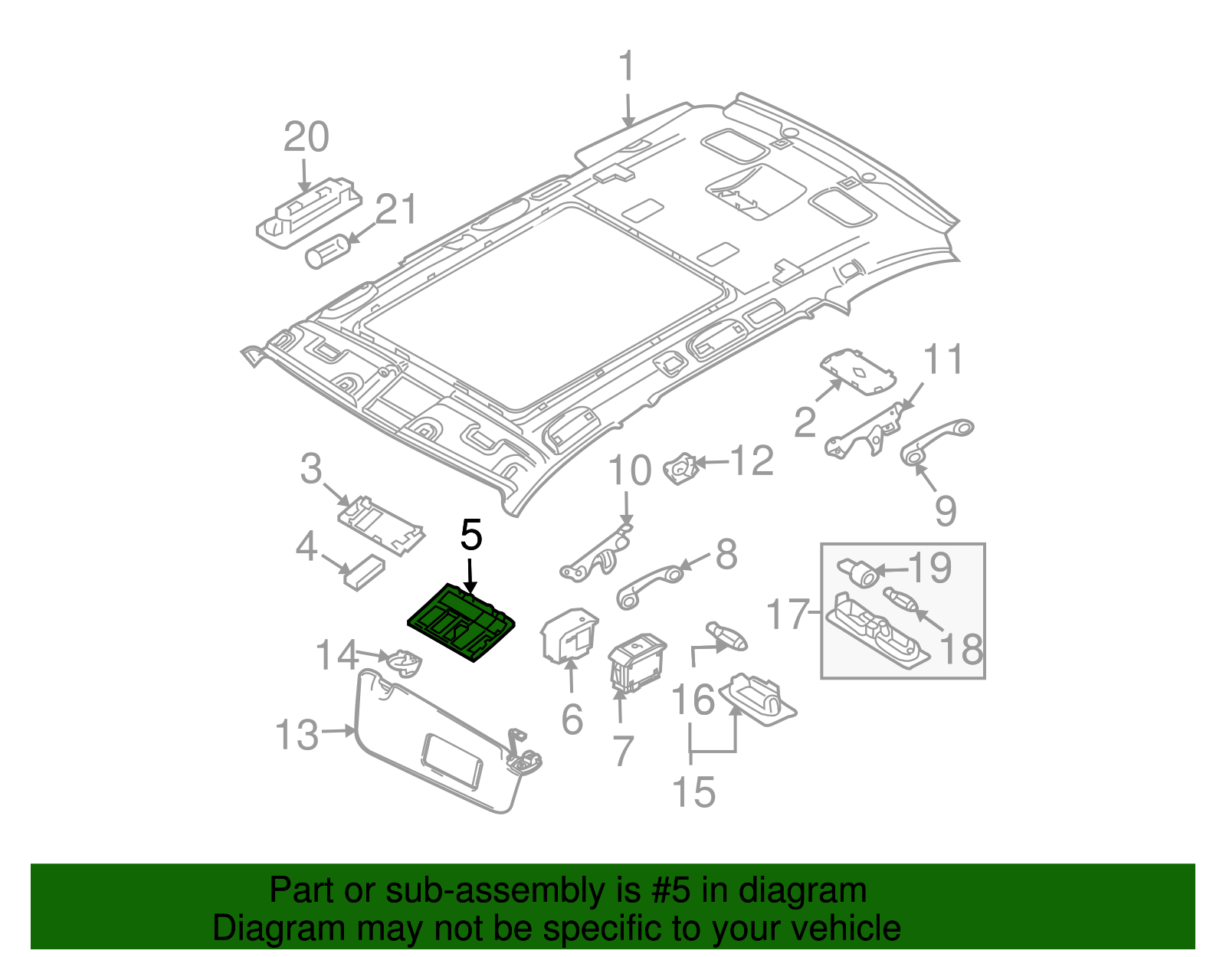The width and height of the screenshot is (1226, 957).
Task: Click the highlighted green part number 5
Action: pyautogui.click(x=461, y=622)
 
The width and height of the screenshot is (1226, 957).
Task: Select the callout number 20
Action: pyautogui.click(x=306, y=138)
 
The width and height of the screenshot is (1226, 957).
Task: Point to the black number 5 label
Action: pyautogui.click(x=470, y=535)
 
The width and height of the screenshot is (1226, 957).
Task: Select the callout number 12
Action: pyautogui.click(x=752, y=461)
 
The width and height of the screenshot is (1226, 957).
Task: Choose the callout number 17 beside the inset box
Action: pyautogui.click(x=788, y=615)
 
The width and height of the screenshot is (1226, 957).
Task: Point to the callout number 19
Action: pyautogui.click(x=929, y=569)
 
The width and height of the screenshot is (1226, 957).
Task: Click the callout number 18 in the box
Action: pyautogui.click(x=961, y=650)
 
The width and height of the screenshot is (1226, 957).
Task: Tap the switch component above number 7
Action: pyautogui.click(x=636, y=663)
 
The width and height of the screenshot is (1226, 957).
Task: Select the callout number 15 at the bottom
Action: pyautogui.click(x=693, y=791)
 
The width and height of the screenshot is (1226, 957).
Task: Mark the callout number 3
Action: pyautogui.click(x=311, y=469)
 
